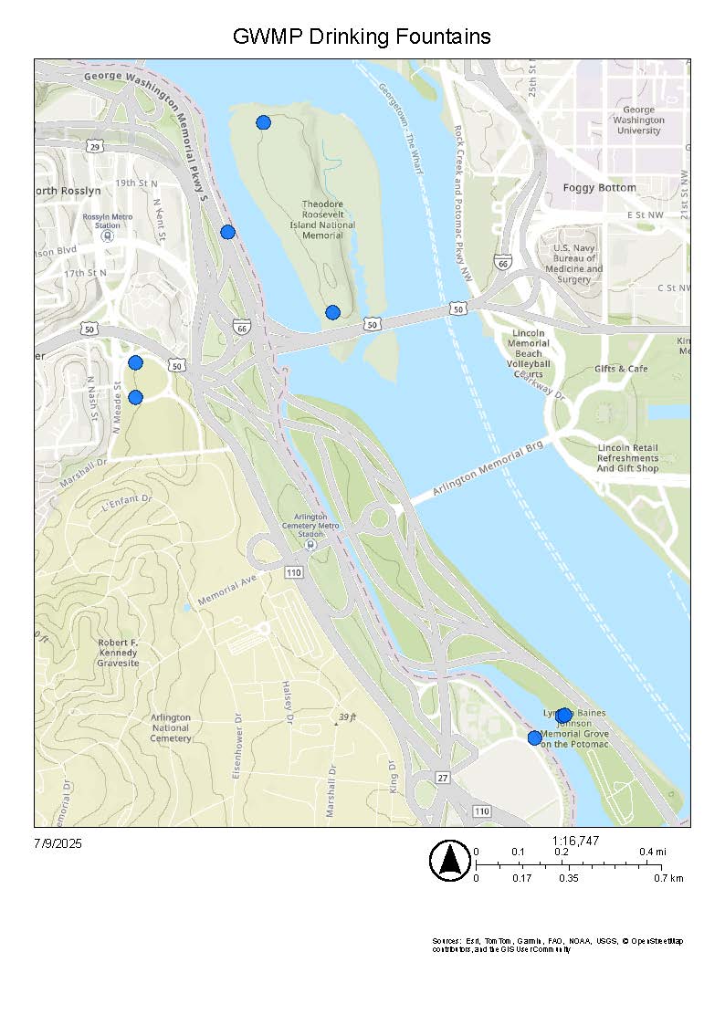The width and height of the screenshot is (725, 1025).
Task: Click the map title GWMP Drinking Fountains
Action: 362,37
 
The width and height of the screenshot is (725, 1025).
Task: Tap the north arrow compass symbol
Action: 449,861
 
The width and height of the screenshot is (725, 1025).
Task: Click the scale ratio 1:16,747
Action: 575,841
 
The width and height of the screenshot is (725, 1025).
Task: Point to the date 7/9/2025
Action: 58,843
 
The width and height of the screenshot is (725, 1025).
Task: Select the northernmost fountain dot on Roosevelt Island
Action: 263,122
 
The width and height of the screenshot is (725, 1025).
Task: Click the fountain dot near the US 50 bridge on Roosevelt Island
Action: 332,312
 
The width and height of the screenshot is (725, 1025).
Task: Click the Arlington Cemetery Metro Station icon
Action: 310,545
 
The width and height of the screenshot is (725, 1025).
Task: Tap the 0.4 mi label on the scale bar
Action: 652,852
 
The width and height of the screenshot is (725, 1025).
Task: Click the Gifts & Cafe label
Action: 621,369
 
